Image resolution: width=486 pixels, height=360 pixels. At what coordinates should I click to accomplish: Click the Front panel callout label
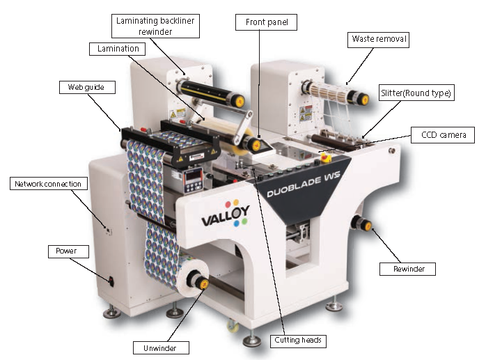pyautogui.click(x=266, y=22)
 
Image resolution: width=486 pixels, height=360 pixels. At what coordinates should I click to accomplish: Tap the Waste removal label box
pyautogui.click(x=378, y=40)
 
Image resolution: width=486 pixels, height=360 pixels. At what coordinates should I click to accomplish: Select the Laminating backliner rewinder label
pyautogui.click(x=155, y=26)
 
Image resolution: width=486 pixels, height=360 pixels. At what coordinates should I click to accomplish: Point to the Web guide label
pyautogui.click(x=87, y=88)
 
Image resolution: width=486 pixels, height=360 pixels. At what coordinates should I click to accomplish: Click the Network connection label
pyautogui.click(x=49, y=184)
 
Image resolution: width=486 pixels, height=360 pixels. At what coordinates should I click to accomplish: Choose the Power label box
pyautogui.click(x=68, y=251)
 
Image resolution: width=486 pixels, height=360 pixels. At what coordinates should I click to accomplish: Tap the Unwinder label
pyautogui.click(x=161, y=348)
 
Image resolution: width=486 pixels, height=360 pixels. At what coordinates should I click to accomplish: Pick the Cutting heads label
pyautogui.click(x=298, y=341)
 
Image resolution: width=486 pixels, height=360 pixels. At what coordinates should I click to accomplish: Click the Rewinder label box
pyautogui.click(x=407, y=269)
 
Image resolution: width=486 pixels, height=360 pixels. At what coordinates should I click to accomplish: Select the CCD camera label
pyautogui.click(x=443, y=135)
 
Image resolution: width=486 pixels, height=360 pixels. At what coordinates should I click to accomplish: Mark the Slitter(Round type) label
pyautogui.click(x=416, y=93)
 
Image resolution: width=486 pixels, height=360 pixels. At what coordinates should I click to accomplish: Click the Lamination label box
pyautogui.click(x=117, y=49)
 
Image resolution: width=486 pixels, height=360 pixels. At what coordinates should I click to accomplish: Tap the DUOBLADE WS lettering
pyautogui.click(x=304, y=184)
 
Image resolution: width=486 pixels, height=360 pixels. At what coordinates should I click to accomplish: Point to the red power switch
pyautogui.click(x=111, y=281)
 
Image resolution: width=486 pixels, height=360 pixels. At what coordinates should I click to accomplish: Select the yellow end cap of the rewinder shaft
pyautogui.click(x=368, y=226)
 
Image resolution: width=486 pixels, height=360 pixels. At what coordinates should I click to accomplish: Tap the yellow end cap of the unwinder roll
pyautogui.click(x=203, y=283)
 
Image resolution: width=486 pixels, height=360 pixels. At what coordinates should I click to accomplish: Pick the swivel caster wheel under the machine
pyautogui.click(x=233, y=327)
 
